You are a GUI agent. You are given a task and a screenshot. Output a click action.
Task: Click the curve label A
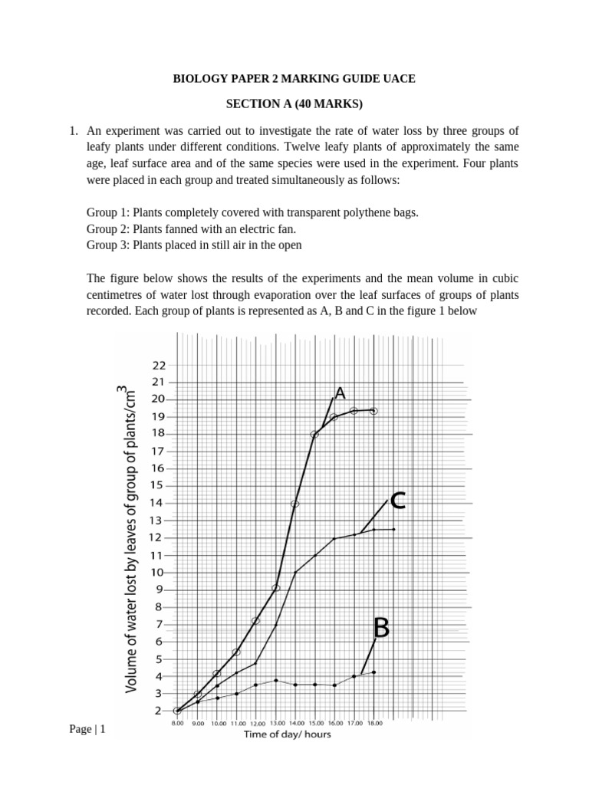[x=340, y=392]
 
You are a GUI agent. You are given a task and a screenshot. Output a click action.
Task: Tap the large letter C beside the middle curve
[x=397, y=501]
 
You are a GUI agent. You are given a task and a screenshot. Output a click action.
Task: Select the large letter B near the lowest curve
[x=381, y=628]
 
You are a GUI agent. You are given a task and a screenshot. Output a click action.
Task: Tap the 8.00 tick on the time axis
[x=177, y=723]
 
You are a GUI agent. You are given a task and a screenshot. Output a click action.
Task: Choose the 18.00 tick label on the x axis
[x=373, y=723]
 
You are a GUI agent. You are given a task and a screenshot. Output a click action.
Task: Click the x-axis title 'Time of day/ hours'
[x=288, y=734]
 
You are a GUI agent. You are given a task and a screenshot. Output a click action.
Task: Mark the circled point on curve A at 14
[x=294, y=504]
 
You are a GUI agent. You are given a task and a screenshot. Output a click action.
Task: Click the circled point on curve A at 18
[x=314, y=435]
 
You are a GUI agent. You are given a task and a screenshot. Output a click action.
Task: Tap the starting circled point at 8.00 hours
[x=177, y=711]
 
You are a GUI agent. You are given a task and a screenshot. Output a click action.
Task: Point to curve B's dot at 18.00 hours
[x=373, y=672]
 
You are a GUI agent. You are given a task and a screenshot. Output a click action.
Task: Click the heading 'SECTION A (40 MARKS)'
[x=294, y=103]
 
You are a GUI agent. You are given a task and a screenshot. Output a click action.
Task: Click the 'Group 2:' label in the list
[x=107, y=228]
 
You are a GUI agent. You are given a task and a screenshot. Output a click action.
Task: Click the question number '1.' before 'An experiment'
[x=74, y=130]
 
